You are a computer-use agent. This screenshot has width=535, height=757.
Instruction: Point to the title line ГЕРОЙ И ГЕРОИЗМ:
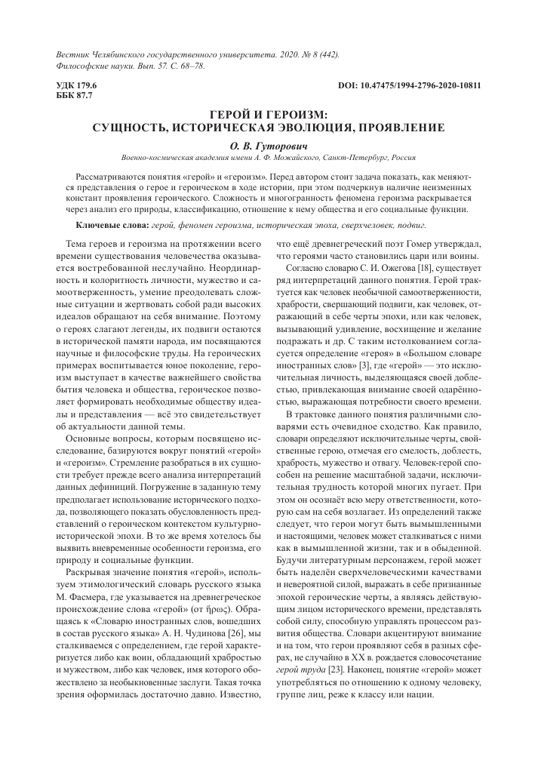tap(267, 114)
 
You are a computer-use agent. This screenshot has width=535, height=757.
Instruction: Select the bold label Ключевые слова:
tap(112, 226)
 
